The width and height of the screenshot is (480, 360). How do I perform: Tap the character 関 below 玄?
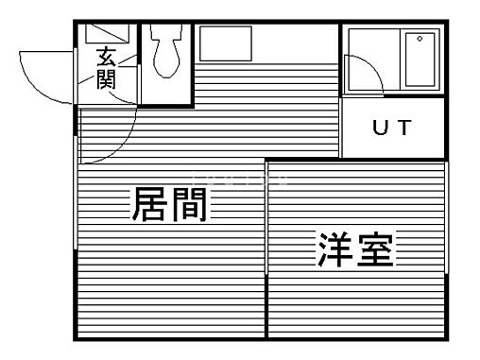[x=105, y=80]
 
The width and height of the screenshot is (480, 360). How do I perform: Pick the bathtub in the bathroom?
[x=416, y=59]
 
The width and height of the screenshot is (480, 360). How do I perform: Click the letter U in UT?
[x=380, y=129]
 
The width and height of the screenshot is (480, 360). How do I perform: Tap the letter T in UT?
[x=403, y=129]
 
